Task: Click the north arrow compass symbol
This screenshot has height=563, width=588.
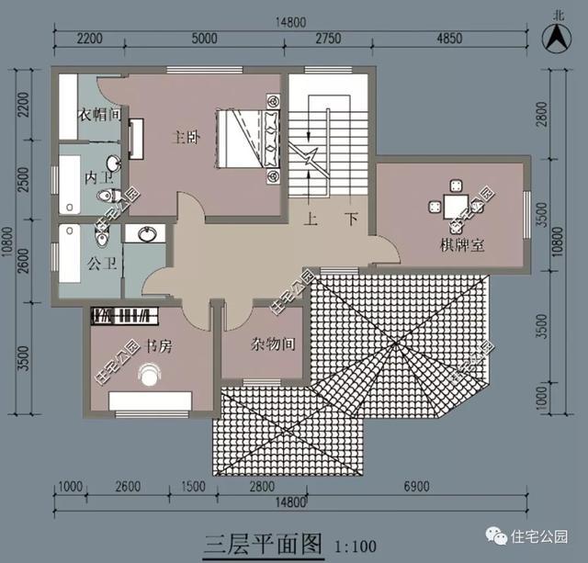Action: tap(557, 39)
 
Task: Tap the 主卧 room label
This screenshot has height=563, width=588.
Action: tap(186, 138)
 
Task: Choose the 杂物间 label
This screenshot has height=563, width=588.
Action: tap(273, 345)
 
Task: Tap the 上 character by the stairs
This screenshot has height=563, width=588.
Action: tap(312, 221)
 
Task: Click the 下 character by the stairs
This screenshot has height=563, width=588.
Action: tap(352, 221)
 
